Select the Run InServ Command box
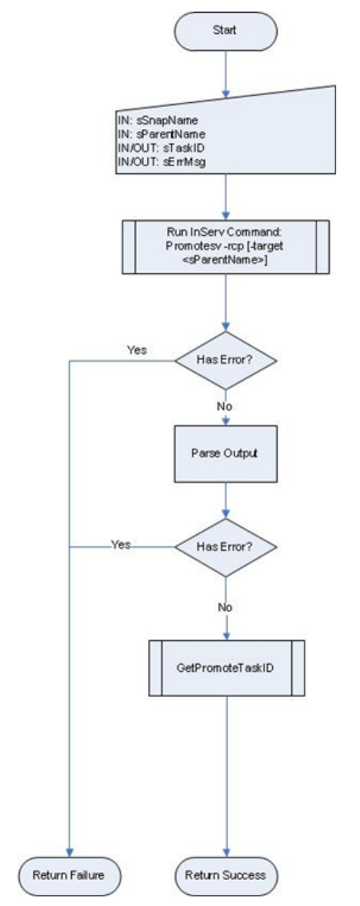click(225, 246)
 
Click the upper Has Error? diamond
click(226, 361)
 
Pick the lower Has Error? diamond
click(226, 547)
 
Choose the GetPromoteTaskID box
click(226, 667)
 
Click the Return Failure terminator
click(69, 875)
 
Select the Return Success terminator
click(225, 875)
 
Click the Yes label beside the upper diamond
click(136, 351)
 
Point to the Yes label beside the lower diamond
click(121, 545)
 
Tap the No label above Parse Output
click(224, 406)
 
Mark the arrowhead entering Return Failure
click(70, 852)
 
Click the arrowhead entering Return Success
click(226, 852)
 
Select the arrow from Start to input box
click(225, 74)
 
